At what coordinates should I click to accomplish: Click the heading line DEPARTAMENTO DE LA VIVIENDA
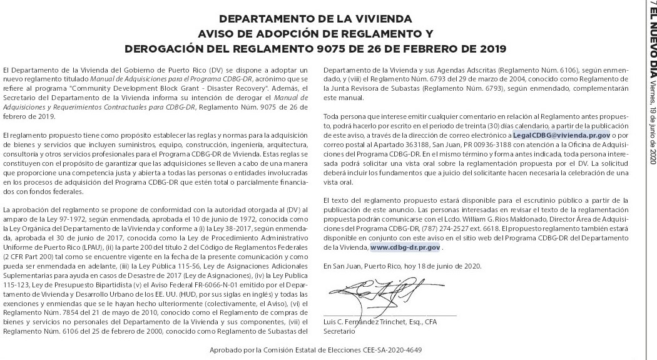[316, 19]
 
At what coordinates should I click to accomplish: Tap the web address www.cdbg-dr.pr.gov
[405, 247]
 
